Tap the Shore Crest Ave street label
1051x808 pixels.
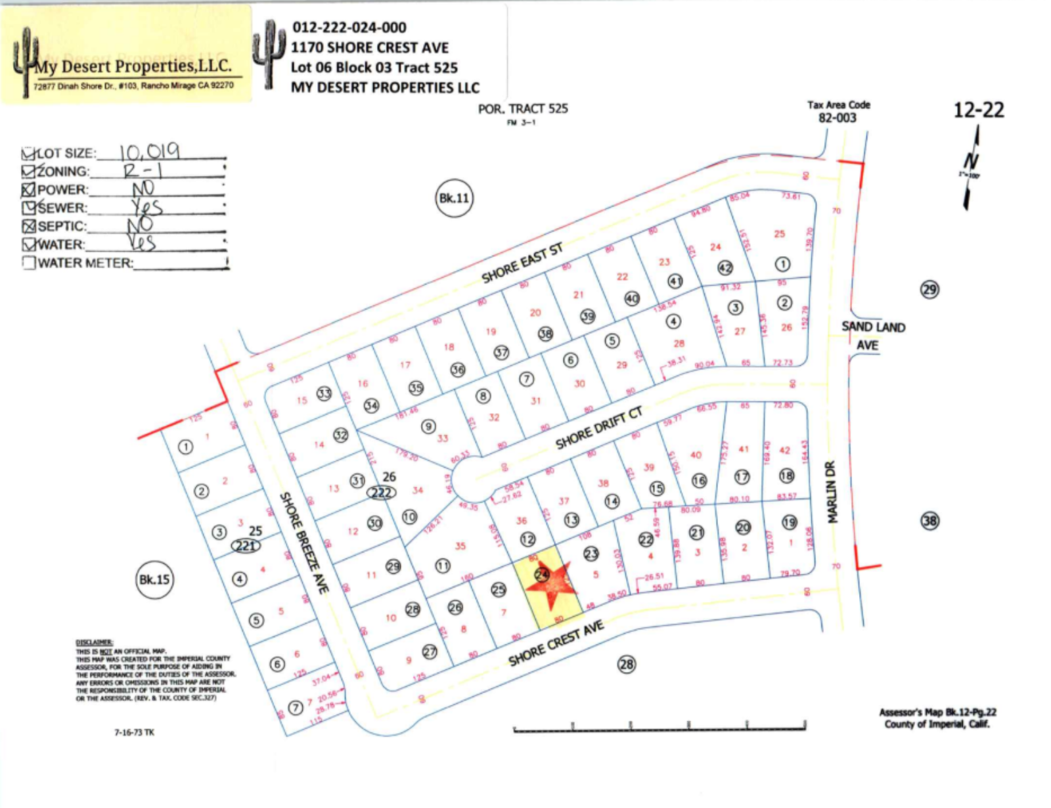tap(556, 644)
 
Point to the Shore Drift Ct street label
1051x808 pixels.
tap(598, 428)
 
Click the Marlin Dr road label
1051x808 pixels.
tap(832, 492)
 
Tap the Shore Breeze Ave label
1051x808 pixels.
tap(303, 543)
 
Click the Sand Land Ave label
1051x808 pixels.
tap(872, 335)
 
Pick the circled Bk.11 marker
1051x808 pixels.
tap(454, 198)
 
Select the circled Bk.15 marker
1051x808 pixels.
tap(154, 579)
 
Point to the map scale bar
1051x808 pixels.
tap(659, 727)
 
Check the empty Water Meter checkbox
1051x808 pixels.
tap(29, 263)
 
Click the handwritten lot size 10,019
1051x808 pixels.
tap(148, 152)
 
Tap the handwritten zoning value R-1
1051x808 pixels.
tap(143, 171)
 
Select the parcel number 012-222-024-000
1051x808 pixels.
tap(349, 28)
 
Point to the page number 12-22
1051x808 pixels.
tap(978, 110)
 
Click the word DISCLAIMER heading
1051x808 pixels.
tap(94, 642)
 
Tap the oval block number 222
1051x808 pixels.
tap(382, 493)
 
